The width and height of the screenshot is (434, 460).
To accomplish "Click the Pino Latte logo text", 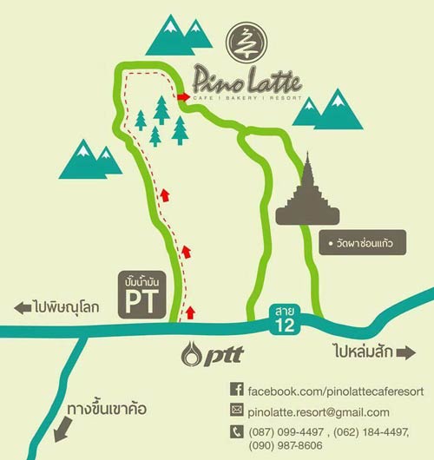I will [x=247, y=82].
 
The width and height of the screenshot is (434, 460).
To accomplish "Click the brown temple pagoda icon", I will [x=309, y=193].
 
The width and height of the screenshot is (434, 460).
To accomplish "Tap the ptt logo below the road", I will [x=213, y=354].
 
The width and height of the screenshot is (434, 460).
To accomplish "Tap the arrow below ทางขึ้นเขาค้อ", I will [x=61, y=429].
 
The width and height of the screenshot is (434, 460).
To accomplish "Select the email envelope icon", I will [x=236, y=411].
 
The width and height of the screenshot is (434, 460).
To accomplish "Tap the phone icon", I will [x=236, y=430].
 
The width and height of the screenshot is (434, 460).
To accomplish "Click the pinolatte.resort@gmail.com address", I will [x=319, y=411].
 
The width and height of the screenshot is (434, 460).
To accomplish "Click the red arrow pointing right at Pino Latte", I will [x=183, y=98].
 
